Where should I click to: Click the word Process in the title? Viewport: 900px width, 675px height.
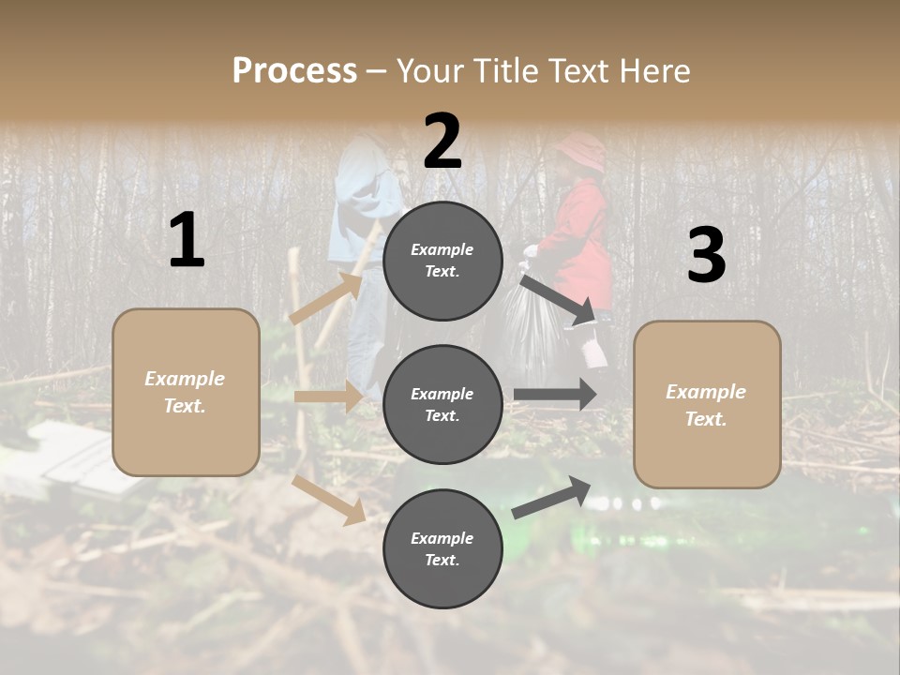pos(294,71)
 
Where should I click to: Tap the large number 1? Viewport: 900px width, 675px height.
pos(187,241)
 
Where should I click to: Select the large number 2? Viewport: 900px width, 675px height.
pos(442,142)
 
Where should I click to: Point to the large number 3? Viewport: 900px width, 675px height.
pos(706,255)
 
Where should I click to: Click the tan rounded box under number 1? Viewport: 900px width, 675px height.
pos(186,392)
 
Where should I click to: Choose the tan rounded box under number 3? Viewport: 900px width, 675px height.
pos(707,404)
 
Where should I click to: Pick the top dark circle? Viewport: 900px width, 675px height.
pos(442,261)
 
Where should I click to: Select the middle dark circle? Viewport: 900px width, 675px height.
pos(442,404)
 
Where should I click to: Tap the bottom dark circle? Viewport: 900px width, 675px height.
pos(442,548)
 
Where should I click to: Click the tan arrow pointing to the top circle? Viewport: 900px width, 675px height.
pos(327,298)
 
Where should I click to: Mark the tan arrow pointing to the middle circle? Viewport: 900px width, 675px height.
pos(328,397)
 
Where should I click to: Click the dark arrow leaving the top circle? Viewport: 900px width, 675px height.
pos(558,299)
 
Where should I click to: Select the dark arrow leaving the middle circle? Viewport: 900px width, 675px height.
pos(555,395)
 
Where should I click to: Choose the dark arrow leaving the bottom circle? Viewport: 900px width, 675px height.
pos(551,497)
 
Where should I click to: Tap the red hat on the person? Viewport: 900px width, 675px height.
pos(582,150)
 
